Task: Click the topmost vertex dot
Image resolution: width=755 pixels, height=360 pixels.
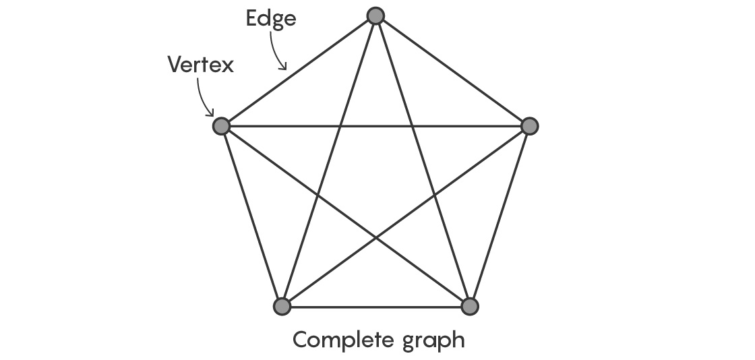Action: tap(375, 16)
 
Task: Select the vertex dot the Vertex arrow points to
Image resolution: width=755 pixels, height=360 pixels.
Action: tap(221, 126)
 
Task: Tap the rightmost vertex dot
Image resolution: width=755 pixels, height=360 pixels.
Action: tap(530, 126)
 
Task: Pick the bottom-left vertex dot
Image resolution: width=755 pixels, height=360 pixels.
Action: tap(282, 306)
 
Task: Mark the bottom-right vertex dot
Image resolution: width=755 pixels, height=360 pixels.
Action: tap(470, 306)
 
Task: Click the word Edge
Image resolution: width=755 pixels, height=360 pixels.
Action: tap(270, 18)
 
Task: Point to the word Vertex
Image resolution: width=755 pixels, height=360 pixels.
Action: tap(200, 65)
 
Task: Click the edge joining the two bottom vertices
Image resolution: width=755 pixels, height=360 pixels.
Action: tap(375, 307)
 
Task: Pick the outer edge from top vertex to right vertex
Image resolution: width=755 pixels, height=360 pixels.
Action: tap(453, 71)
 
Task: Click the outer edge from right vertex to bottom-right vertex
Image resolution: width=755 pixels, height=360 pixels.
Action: tap(500, 216)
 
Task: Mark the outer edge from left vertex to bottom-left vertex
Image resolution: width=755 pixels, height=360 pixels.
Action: tap(251, 216)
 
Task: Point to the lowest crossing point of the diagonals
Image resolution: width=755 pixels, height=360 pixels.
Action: tap(376, 237)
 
